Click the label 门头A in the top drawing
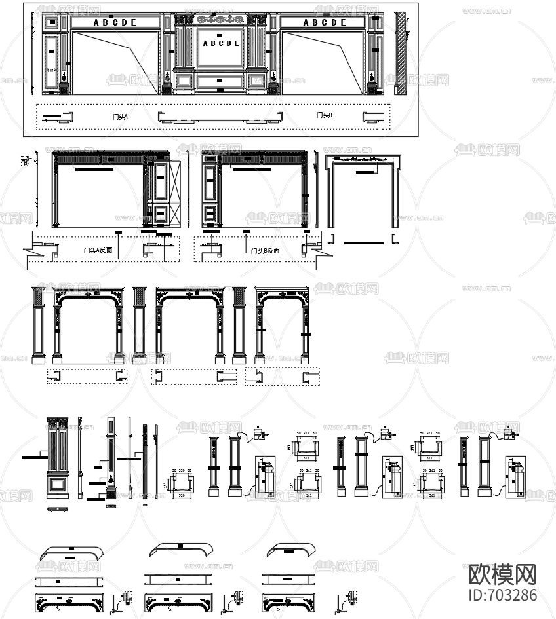click(x=120, y=117)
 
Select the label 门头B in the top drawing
click(x=324, y=115)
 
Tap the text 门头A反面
click(x=98, y=250)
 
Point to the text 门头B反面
click(x=265, y=250)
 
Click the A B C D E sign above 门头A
click(x=115, y=22)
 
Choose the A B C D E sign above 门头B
click(x=325, y=22)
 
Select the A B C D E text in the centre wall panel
click(x=221, y=44)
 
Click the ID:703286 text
click(x=504, y=595)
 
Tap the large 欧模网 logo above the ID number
click(x=504, y=574)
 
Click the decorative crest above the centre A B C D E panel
click(x=221, y=20)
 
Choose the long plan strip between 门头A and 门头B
click(x=222, y=118)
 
